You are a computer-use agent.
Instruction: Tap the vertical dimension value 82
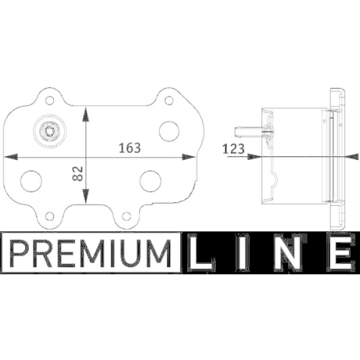click(x=78, y=172)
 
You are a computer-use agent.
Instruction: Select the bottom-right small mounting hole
click(x=127, y=214)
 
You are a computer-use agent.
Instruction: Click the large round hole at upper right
click(x=168, y=130)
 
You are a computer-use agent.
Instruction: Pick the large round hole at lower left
click(x=30, y=180)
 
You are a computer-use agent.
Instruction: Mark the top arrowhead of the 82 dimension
click(x=87, y=112)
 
